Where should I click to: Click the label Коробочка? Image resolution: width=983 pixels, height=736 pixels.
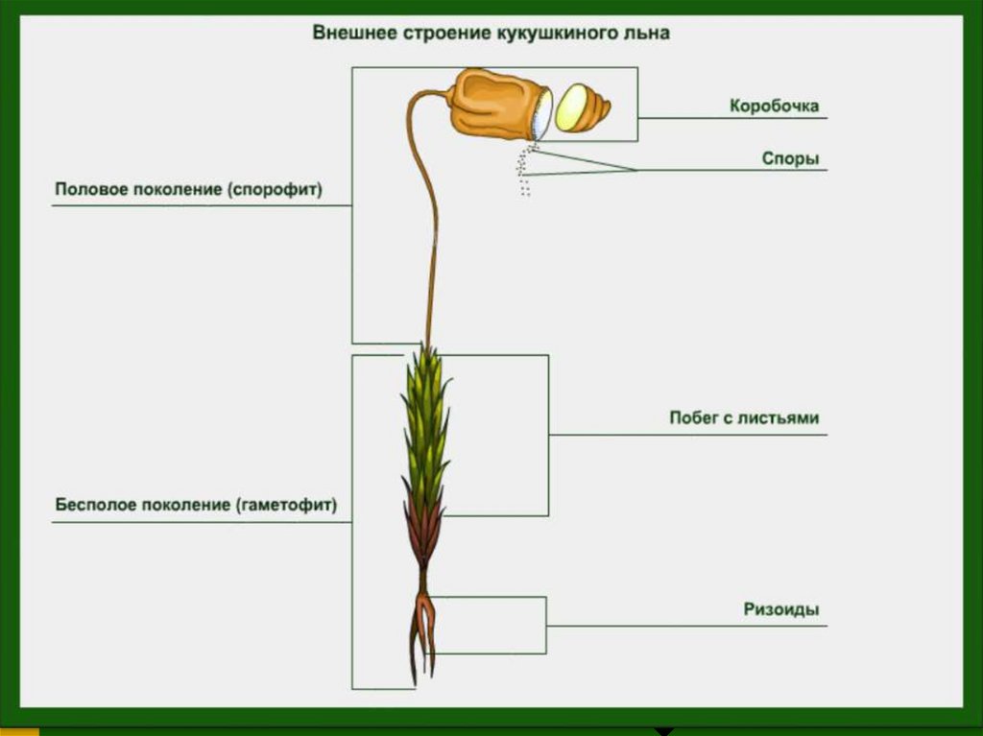[x=774, y=106]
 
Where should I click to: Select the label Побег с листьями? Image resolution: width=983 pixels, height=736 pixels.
[x=744, y=418]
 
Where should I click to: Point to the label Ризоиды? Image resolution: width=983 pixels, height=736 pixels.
[x=781, y=609]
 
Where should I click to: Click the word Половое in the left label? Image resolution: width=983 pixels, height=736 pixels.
[x=85, y=190]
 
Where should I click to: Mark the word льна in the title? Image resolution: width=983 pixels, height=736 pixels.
[x=647, y=33]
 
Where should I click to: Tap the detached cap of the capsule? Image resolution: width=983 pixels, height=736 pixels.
[x=582, y=108]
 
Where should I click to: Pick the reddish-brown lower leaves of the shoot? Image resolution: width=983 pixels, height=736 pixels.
[x=423, y=533]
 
